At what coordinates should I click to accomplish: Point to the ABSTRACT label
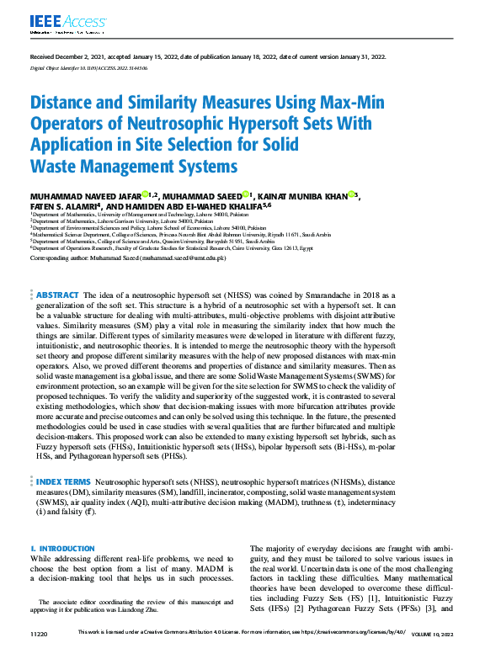click(x=57, y=295)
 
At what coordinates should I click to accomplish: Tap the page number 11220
click(x=39, y=631)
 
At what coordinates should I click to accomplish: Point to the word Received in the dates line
click(x=45, y=56)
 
